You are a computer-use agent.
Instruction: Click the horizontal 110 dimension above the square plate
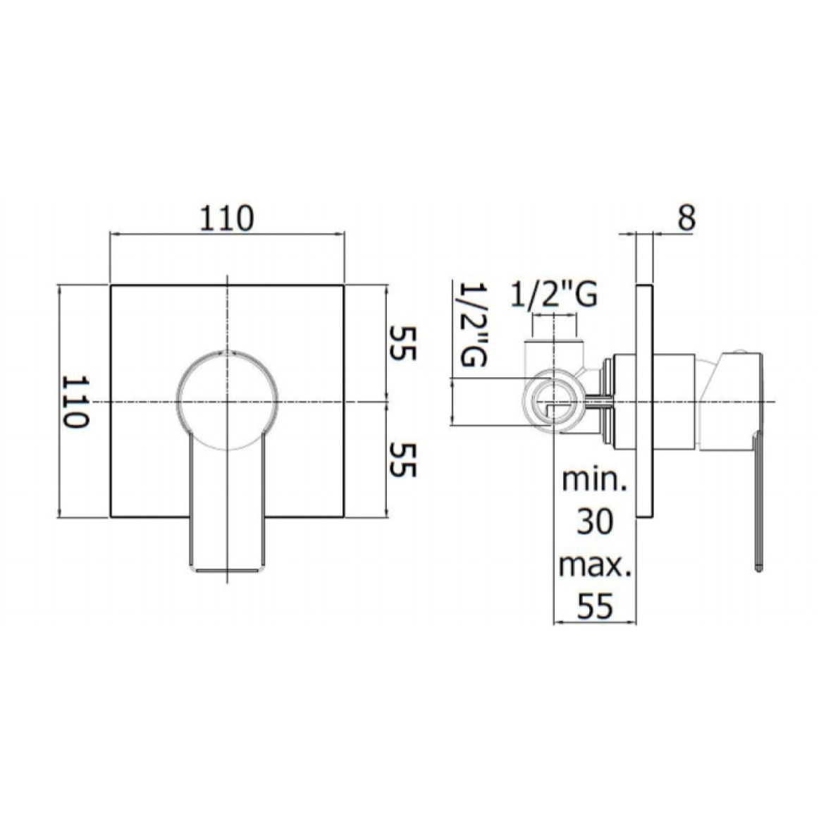[x=226, y=218]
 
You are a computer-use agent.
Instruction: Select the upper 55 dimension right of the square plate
[x=400, y=343]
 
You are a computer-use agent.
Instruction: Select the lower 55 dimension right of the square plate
[x=400, y=460]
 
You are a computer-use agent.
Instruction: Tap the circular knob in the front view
[x=226, y=399]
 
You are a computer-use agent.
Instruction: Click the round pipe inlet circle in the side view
[x=557, y=402]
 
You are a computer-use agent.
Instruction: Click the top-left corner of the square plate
[x=111, y=286]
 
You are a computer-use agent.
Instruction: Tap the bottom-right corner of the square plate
[x=344, y=517]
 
